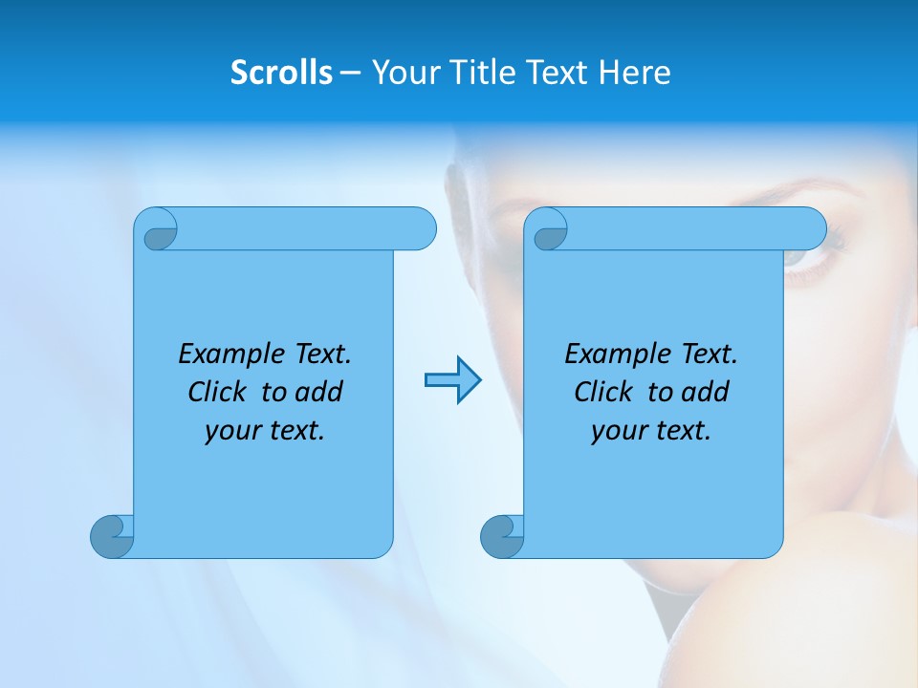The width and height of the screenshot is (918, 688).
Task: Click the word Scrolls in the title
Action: point(281,73)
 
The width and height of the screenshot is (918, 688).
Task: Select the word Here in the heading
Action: point(634,73)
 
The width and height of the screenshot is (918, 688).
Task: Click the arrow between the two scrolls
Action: point(452,380)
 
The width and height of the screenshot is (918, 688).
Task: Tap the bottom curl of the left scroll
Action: point(112,537)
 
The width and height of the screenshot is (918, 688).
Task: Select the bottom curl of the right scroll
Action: point(502,537)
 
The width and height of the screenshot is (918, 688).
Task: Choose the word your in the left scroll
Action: point(232,431)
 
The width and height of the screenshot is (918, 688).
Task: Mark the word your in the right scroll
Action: point(619,431)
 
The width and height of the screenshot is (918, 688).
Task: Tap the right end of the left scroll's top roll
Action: point(421,228)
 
